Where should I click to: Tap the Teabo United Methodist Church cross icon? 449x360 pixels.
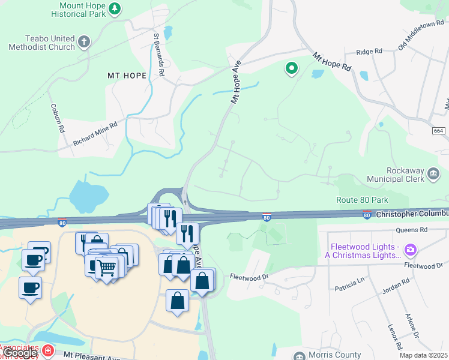click(85, 43)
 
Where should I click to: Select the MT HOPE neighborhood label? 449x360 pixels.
click(127, 75)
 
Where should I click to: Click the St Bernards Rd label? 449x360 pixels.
click(159, 54)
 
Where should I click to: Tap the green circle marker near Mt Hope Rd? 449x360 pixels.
click(292, 69)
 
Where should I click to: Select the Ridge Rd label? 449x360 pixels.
click(369, 52)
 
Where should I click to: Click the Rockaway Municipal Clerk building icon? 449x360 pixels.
click(433, 175)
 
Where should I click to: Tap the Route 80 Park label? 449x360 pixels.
click(362, 200)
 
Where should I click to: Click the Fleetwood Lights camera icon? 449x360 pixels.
click(411, 249)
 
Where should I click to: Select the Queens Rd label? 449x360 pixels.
click(411, 230)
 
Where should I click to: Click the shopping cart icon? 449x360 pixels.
click(106, 267)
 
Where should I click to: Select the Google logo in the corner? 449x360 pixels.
click(20, 353)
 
